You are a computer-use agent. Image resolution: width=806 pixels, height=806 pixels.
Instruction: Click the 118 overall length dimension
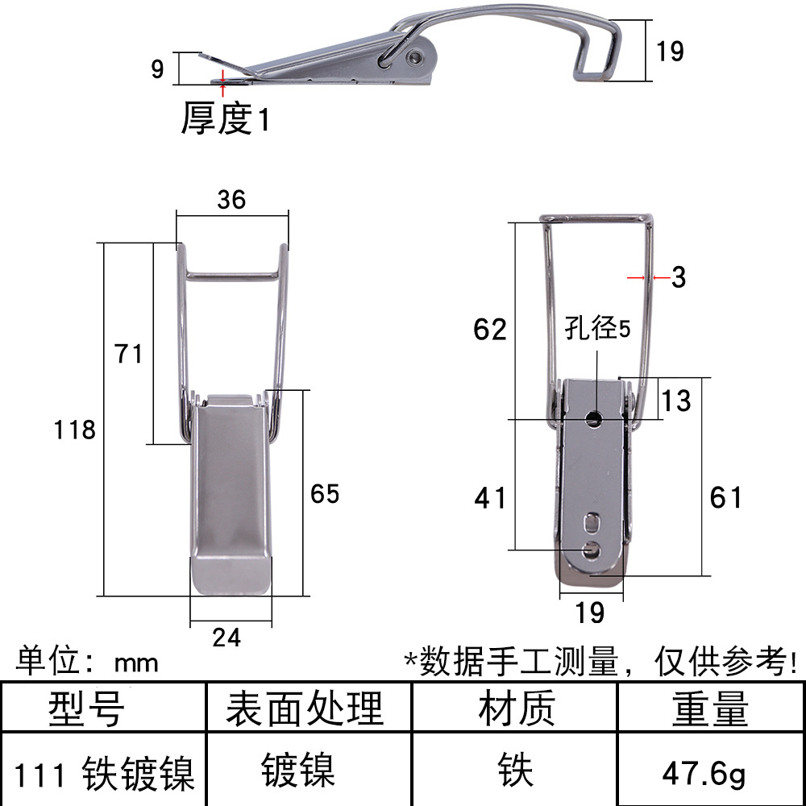pyautogui.click(x=74, y=430)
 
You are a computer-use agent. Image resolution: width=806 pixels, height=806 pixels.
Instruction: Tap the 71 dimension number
pyautogui.click(x=128, y=354)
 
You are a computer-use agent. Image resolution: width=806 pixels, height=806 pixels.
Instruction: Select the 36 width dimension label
pyautogui.click(x=231, y=200)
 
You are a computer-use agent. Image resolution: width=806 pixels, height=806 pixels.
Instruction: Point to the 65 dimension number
pyautogui.click(x=325, y=494)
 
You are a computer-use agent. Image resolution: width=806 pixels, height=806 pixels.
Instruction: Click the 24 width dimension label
pyautogui.click(x=226, y=638)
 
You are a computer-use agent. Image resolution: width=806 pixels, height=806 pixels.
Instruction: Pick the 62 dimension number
pyautogui.click(x=490, y=330)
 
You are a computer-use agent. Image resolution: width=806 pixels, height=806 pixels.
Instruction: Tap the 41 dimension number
pyautogui.click(x=490, y=499)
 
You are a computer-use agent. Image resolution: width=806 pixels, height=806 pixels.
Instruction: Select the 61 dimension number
pyautogui.click(x=726, y=497)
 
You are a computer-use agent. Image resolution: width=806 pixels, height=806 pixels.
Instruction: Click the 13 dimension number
pyautogui.click(x=676, y=401)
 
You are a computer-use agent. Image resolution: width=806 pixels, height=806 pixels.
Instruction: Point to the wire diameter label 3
pyautogui.click(x=679, y=277)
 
